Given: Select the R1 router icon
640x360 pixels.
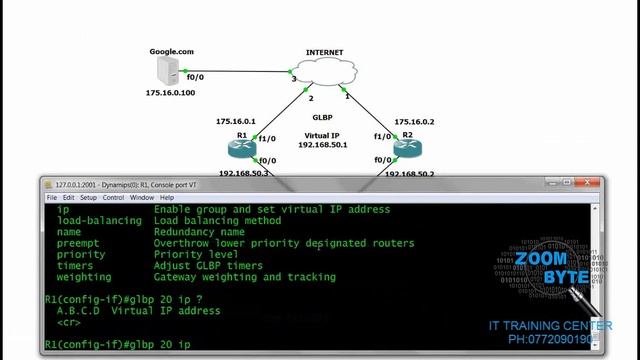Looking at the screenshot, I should (242, 147).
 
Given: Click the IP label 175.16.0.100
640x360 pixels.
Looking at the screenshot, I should (170, 93).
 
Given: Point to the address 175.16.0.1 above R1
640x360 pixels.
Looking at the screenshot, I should (236, 121).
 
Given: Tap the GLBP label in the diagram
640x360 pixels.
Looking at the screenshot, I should (322, 117).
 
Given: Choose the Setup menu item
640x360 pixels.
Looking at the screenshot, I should (88, 198).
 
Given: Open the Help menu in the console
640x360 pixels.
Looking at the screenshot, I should (167, 198).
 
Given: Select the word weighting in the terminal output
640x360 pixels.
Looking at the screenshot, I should (84, 277).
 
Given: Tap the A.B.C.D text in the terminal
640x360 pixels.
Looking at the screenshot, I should (79, 311).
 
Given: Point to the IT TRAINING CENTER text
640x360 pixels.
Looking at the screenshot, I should (550, 326).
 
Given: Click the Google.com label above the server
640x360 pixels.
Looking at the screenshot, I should (171, 50).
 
